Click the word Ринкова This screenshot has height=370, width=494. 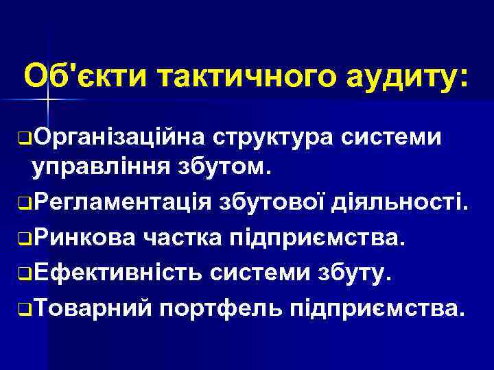pyautogui.click(x=82, y=237)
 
